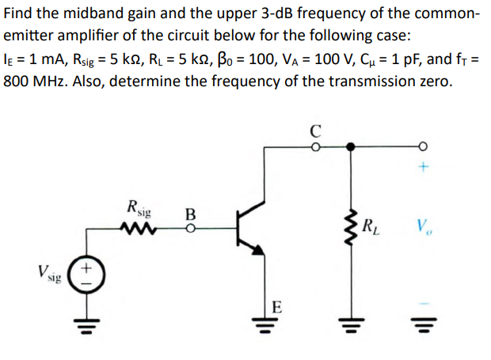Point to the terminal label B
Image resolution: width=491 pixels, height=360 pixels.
click(x=189, y=214)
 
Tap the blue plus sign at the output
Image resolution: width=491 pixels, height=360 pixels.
click(x=424, y=167)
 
